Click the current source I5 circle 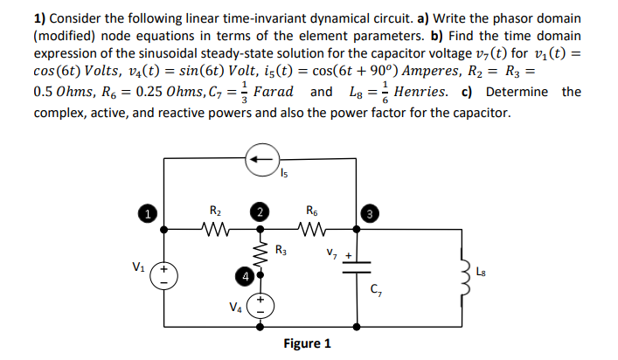[259, 160]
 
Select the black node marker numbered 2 [259, 212]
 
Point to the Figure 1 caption [307, 343]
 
